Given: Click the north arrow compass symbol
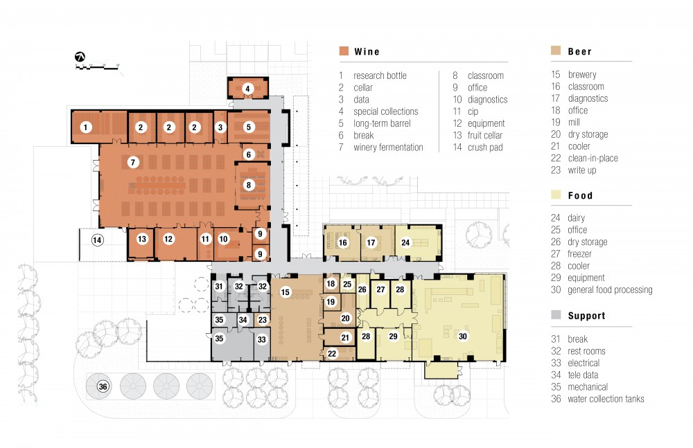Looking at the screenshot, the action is tap(80, 57).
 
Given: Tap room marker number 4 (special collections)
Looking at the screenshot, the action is tap(247, 89).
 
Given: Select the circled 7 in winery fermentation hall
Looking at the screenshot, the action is tap(133, 162).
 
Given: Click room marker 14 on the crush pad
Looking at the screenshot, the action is tap(97, 240).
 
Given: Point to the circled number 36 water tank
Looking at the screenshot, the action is tap(103, 386).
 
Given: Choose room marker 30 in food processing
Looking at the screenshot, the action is tap(463, 337).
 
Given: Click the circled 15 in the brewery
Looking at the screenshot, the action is tap(285, 292).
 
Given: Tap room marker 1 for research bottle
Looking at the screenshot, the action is tap(86, 127).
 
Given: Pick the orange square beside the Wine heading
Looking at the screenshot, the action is tap(344, 51).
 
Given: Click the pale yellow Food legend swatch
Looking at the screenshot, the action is tap(556, 195).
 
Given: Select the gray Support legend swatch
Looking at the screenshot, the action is tap(556, 314).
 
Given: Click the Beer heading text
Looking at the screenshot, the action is tap(579, 52).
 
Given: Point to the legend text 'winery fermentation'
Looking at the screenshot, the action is tap(388, 147).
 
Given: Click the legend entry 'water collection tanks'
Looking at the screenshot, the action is tap(606, 399).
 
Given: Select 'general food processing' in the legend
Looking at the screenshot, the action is tap(610, 290).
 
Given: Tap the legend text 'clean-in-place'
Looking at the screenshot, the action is tap(593, 158).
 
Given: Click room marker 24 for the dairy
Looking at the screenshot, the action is tap(405, 242).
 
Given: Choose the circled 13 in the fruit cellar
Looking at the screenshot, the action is tap(141, 239).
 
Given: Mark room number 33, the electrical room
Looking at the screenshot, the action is tap(262, 339).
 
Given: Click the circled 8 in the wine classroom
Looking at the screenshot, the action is tap(248, 185).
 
